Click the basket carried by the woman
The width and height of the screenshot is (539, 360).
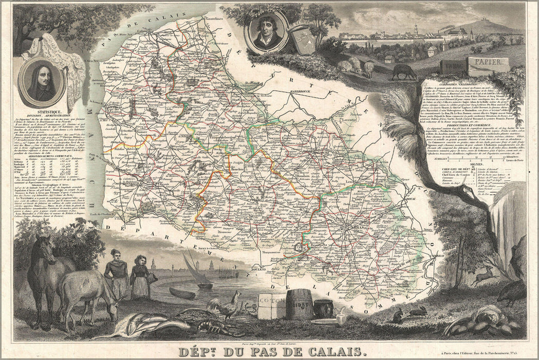tap(153, 278)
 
